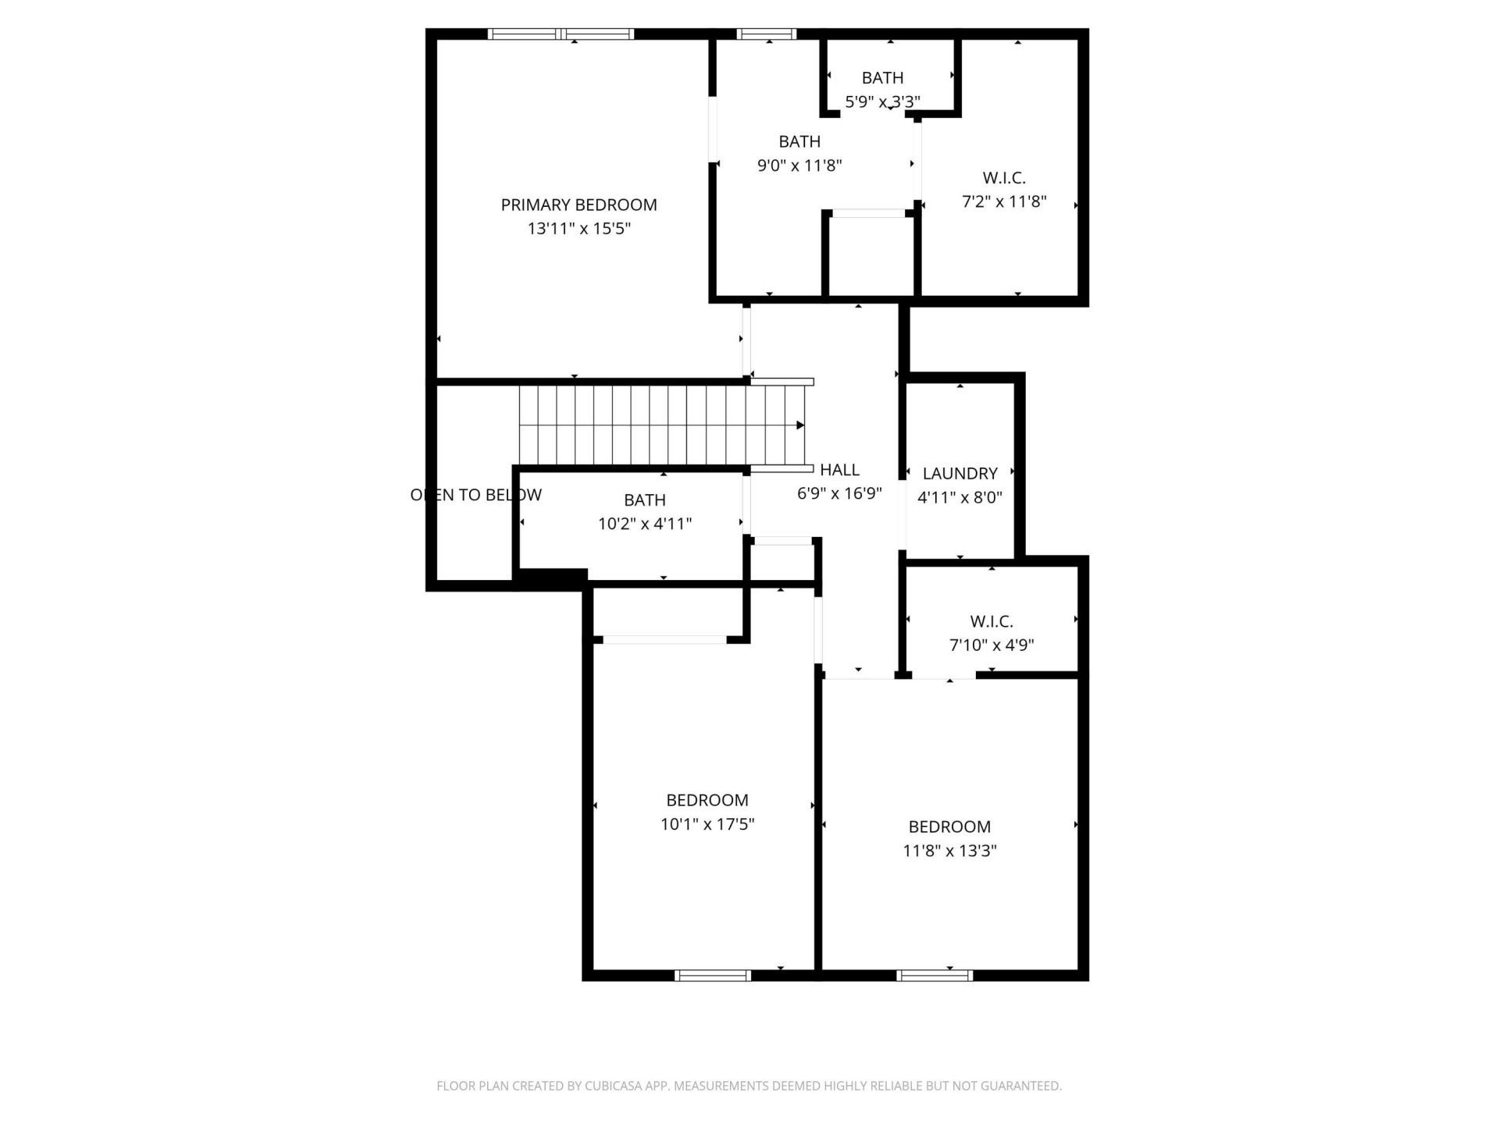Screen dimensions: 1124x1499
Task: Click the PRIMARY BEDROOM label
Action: tap(579, 205)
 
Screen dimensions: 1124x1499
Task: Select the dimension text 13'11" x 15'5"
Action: tap(579, 229)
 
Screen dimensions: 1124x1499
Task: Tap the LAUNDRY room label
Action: tap(960, 473)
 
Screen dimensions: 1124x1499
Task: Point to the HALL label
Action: tap(839, 470)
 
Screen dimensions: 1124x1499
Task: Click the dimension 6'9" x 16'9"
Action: tap(839, 493)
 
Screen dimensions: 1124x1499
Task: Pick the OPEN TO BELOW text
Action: tap(475, 495)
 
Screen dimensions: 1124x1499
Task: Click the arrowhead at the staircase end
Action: tap(800, 425)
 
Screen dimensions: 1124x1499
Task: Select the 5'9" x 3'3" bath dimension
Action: tap(882, 101)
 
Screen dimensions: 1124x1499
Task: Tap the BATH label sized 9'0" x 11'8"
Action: tap(799, 141)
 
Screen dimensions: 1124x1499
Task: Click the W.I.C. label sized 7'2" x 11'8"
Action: tap(1003, 178)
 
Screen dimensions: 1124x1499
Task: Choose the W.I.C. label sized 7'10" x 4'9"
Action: tap(992, 621)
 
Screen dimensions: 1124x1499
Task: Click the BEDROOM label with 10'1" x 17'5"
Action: tap(707, 800)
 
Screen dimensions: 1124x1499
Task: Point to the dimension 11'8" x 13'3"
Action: tap(949, 851)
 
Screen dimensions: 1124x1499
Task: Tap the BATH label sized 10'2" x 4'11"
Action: tap(645, 500)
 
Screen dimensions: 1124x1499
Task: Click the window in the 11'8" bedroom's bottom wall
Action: tap(935, 975)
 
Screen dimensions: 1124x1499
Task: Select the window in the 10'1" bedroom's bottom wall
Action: tap(712, 975)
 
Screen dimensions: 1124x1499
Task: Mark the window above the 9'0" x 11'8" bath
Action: tap(766, 34)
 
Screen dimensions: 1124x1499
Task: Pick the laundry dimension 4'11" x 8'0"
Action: tap(960, 497)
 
